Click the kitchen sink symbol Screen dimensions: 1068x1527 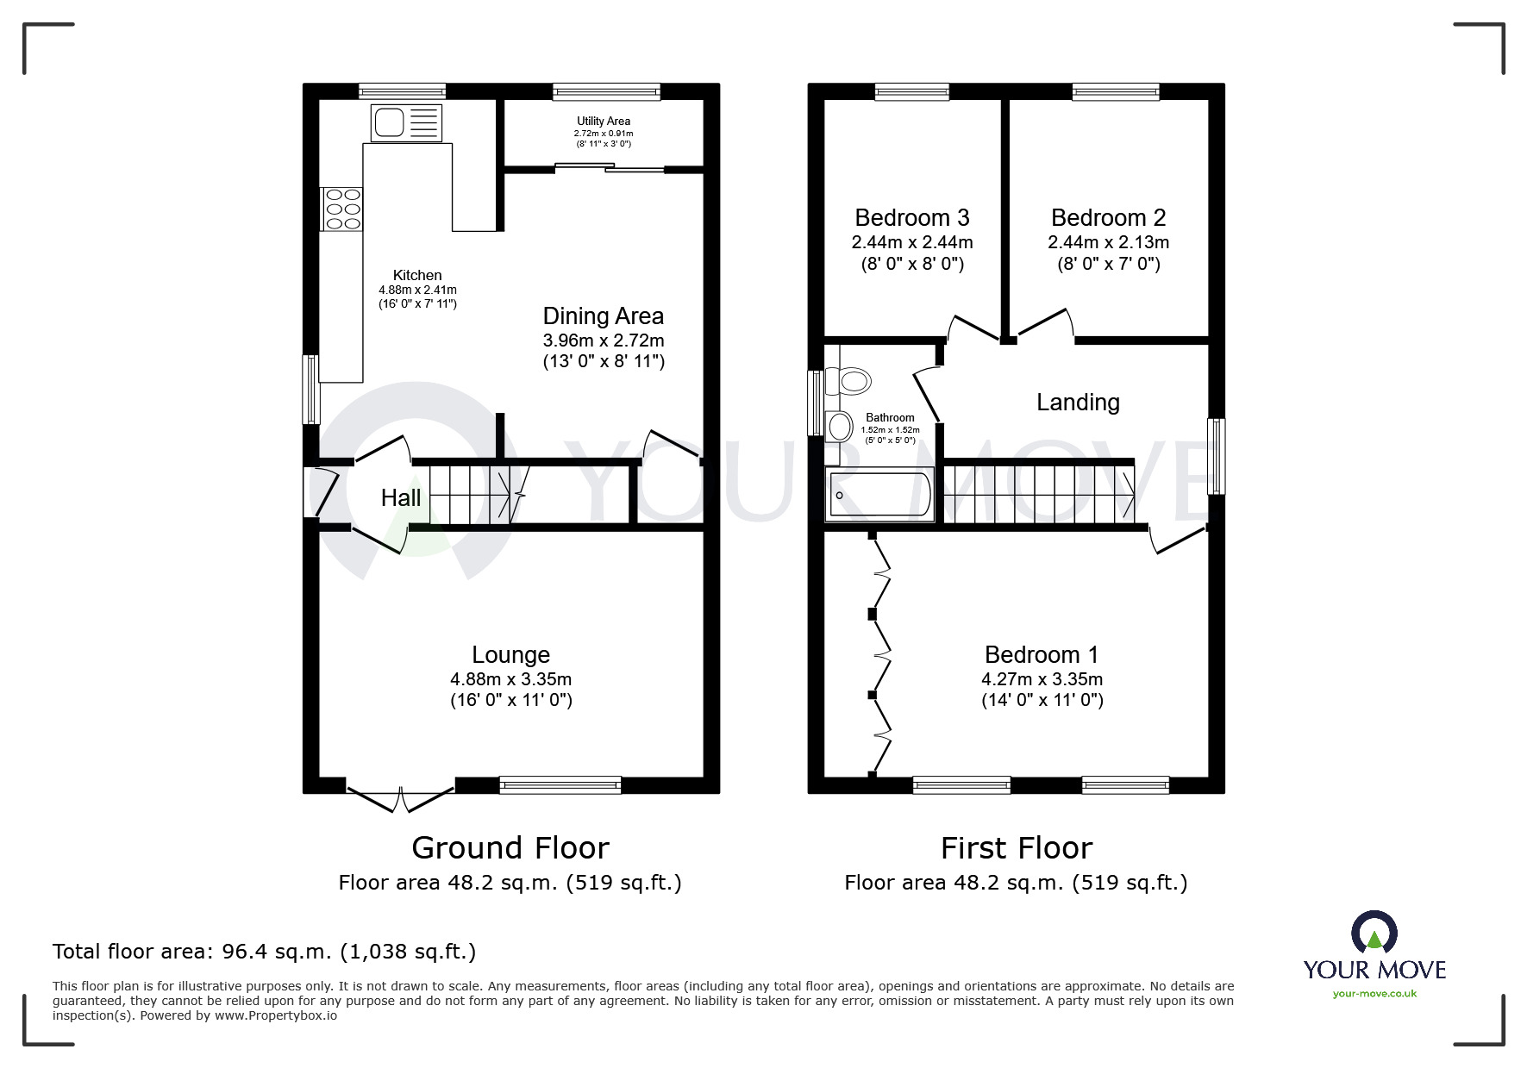tap(405, 122)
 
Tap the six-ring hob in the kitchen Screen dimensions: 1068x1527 tap(342, 209)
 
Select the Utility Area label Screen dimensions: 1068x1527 tap(604, 122)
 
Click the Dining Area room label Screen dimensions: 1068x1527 tap(603, 315)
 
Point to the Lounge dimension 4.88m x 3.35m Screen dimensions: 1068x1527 tap(510, 679)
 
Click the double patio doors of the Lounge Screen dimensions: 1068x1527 tap(400, 798)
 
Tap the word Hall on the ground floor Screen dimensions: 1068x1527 tap(401, 497)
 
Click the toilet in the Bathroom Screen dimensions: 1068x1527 tap(848, 380)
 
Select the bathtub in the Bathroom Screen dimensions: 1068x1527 tap(879, 496)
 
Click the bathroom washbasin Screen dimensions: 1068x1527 tap(839, 426)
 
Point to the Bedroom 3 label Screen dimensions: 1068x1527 tap(912, 217)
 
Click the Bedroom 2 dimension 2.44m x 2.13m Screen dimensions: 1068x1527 tap(1108, 242)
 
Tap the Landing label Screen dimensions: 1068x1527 tap(1078, 403)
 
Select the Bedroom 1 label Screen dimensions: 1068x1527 tap(1042, 655)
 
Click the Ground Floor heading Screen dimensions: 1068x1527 tap(510, 848)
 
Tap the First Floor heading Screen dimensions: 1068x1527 tap(1016, 848)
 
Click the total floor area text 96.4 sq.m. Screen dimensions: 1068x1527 tap(264, 952)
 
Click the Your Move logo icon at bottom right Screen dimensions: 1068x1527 tap(1374, 934)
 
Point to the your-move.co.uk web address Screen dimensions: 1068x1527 tap(1374, 994)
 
